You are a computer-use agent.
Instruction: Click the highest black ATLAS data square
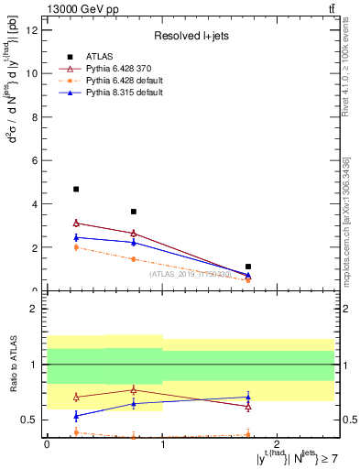pyautogui.click(x=76, y=190)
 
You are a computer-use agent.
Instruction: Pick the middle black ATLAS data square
pyautogui.click(x=134, y=212)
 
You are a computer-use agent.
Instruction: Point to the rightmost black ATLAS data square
pyautogui.click(x=248, y=267)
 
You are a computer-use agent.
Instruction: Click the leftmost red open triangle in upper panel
pyautogui.click(x=76, y=223)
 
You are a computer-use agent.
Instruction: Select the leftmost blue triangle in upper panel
pyautogui.click(x=76, y=237)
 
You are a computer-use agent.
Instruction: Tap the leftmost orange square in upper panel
pyautogui.click(x=76, y=247)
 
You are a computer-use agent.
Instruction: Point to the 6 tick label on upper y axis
pyautogui.click(x=34, y=160)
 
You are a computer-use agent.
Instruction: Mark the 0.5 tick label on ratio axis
pyautogui.click(x=29, y=420)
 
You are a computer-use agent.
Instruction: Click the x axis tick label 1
pyautogui.click(x=162, y=443)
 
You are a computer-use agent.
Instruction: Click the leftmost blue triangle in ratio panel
pyautogui.click(x=76, y=416)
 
